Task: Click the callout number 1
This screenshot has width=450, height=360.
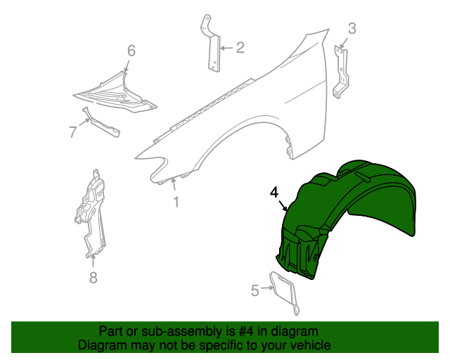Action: tap(176, 202)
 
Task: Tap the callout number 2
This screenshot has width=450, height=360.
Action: tap(240, 48)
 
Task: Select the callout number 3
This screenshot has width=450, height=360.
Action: tap(352, 28)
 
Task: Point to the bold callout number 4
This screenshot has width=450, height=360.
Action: tap(274, 192)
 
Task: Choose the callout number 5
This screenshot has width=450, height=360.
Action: tap(255, 288)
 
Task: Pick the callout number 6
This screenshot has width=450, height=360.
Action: tap(131, 50)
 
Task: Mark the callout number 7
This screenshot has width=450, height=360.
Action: tap(72, 130)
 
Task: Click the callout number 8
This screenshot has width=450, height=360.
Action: tap(93, 277)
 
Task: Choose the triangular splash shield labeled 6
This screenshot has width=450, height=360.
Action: tap(116, 91)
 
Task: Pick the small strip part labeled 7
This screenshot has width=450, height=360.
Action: tap(102, 123)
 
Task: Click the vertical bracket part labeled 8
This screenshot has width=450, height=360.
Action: tap(91, 211)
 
